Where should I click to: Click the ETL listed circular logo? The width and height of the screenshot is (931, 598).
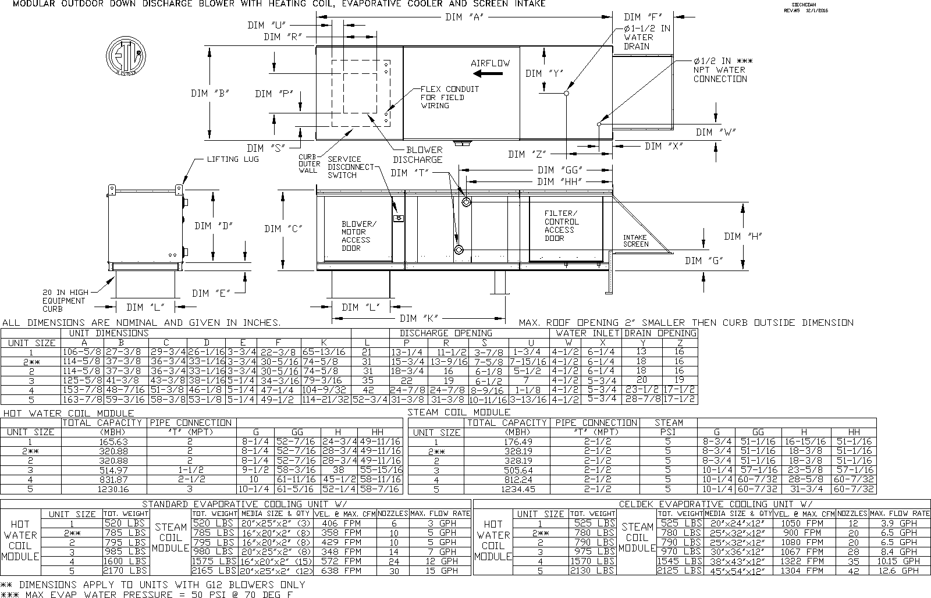pos(125,58)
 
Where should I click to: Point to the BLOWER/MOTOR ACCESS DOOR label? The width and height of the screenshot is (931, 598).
pos(358,236)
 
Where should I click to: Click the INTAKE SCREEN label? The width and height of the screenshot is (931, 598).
pos(635,241)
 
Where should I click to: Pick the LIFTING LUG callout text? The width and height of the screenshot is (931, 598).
pos(233,159)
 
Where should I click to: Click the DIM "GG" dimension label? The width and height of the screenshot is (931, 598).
pos(560,170)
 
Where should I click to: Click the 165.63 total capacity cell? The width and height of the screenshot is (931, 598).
pos(104,442)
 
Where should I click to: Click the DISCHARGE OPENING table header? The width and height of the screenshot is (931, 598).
pos(446,333)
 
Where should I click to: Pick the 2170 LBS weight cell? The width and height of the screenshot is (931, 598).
pos(125,571)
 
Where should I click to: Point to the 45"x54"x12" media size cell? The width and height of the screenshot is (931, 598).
pos(738,571)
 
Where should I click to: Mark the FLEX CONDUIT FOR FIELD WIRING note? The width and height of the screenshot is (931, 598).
pos(450,97)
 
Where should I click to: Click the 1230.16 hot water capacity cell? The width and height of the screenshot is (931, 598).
pos(104,489)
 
